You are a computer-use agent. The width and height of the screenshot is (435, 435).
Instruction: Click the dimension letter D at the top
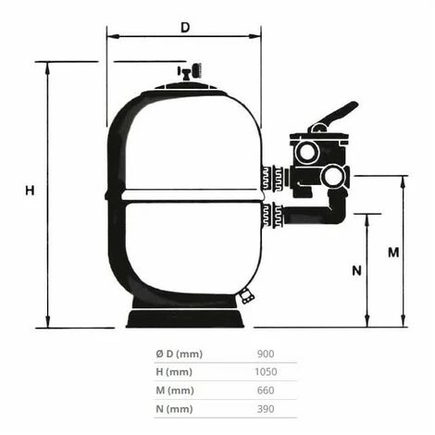click(184, 28)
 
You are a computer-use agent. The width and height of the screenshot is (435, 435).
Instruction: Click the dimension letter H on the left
click(30, 191)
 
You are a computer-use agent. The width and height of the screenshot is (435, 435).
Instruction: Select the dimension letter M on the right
click(392, 252)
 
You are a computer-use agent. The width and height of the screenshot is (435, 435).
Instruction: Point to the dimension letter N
click(355, 271)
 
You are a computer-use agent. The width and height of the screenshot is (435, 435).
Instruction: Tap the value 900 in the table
click(265, 354)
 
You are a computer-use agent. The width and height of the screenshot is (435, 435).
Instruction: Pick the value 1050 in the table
click(265, 372)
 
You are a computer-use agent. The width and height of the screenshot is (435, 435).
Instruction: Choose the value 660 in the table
click(265, 391)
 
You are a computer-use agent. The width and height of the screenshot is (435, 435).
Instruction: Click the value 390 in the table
click(265, 409)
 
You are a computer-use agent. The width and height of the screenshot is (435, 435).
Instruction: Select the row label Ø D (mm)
click(180, 354)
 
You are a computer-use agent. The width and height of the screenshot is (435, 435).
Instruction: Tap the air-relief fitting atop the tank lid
click(192, 72)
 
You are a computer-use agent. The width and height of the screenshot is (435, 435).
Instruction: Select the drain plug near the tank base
click(246, 296)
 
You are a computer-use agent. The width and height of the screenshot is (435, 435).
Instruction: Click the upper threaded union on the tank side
click(271, 178)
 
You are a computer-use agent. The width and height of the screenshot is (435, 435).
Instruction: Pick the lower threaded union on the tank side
click(271, 216)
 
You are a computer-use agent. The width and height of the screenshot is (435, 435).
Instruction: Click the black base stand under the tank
click(188, 318)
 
